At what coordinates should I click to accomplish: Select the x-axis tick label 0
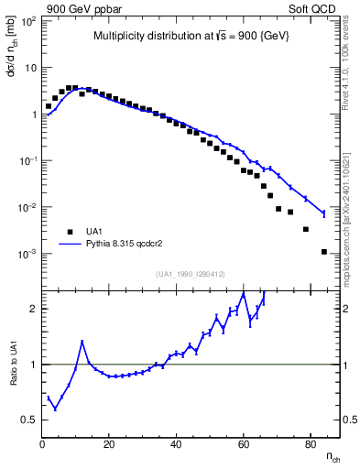click(x=42, y=444)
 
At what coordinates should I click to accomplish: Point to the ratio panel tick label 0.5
click(x=28, y=420)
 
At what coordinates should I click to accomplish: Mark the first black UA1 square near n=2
click(x=49, y=106)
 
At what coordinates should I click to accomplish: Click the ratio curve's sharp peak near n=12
click(x=82, y=342)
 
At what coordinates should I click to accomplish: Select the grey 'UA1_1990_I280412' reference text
click(x=191, y=274)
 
